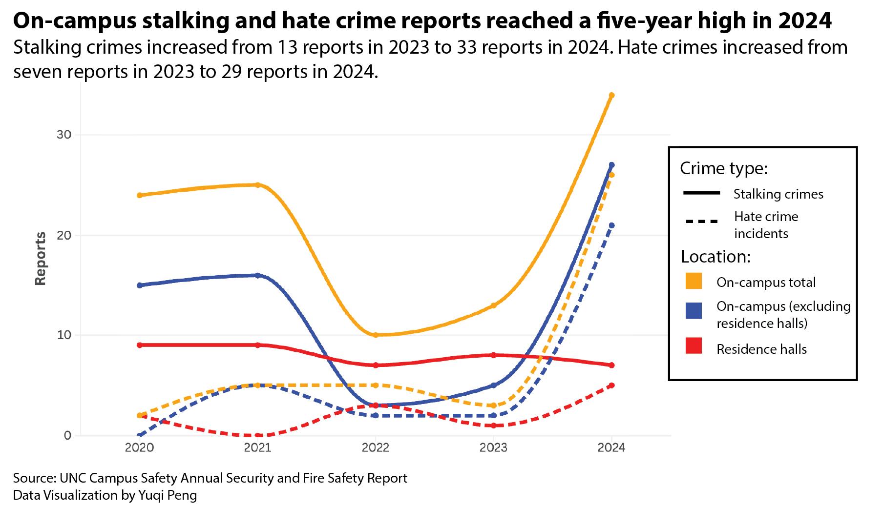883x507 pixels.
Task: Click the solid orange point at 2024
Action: pos(611,95)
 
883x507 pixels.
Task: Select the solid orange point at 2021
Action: pos(257,185)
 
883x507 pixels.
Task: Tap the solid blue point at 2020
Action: pos(140,285)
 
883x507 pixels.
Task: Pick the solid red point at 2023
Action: pos(493,355)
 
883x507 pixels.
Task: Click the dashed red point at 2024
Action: pos(611,385)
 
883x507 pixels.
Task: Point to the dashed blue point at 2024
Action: pos(611,225)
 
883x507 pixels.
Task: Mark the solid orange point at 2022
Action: pos(375,335)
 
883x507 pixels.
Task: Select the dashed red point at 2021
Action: pos(257,435)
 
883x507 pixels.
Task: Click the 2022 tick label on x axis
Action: pos(375,448)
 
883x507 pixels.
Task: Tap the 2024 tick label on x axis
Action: pos(611,448)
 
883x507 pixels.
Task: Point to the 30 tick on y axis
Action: pos(64,135)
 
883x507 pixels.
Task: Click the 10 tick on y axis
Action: pos(64,335)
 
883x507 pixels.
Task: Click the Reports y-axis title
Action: pos(41,259)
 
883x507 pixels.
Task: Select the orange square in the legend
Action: pos(694,281)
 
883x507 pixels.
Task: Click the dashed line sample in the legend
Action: pos(702,222)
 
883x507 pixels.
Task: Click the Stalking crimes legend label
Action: pos(778,194)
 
